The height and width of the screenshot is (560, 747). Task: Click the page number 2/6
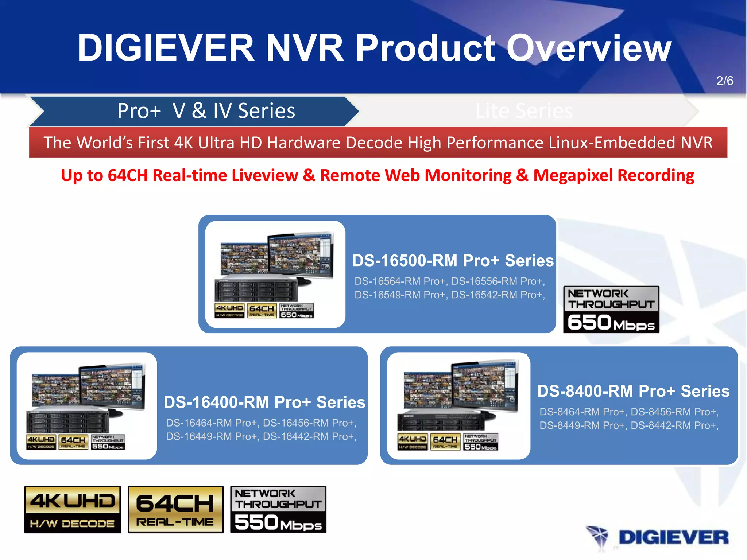pos(724,81)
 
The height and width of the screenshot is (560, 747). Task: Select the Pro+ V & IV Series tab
pos(206,111)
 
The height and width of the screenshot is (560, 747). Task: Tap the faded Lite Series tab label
pos(524,111)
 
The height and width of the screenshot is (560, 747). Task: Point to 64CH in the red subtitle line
pos(128,175)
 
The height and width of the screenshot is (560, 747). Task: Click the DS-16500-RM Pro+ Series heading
pos(453,261)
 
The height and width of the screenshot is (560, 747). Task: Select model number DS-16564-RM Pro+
pos(400,281)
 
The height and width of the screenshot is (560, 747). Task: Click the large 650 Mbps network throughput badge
pos(611,309)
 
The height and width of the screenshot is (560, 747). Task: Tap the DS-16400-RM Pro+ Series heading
pos(264,402)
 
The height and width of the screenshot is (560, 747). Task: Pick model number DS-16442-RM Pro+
pos(309,436)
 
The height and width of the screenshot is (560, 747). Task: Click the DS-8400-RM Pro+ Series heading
pos(633,391)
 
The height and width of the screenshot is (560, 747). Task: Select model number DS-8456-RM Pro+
pos(674,412)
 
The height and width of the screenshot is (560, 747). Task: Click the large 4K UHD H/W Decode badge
pos(72,509)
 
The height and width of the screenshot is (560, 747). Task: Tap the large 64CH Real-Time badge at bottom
pos(175,509)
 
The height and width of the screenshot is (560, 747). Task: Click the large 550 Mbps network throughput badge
pos(278,509)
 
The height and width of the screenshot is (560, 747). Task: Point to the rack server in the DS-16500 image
pos(256,291)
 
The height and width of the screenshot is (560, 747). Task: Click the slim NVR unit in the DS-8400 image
pos(441,422)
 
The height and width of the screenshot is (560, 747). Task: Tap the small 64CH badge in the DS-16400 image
pos(73,442)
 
